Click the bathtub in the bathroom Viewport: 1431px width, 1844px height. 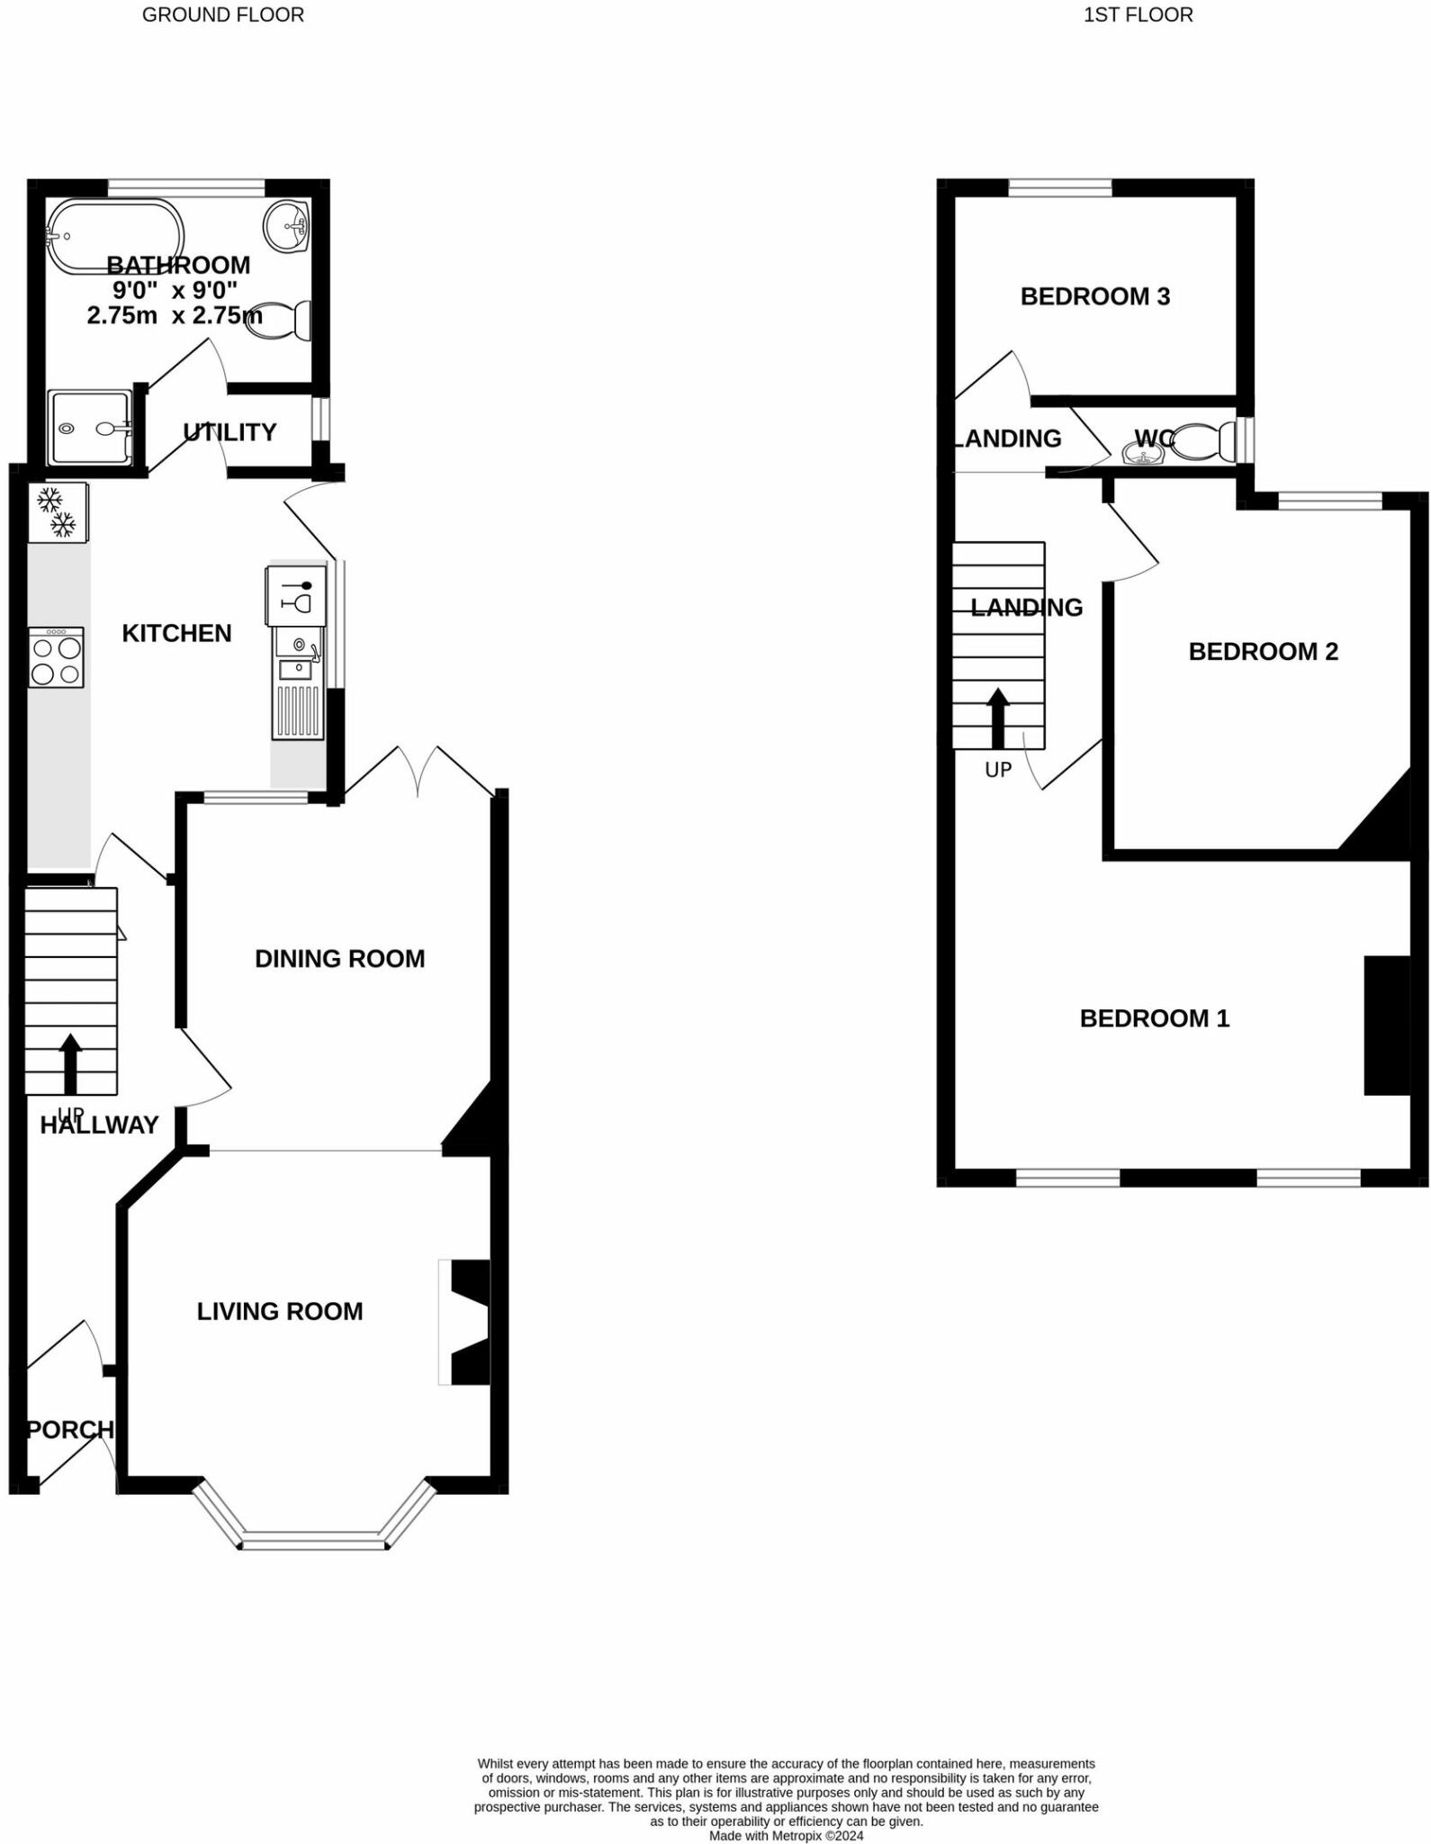(114, 236)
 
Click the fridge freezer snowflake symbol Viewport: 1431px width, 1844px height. (57, 512)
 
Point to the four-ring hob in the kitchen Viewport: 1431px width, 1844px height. (56, 658)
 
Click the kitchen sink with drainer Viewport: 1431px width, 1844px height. (298, 684)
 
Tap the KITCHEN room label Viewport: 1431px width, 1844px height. (176, 634)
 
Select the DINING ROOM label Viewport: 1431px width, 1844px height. (339, 959)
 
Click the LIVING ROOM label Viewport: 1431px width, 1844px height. (280, 1312)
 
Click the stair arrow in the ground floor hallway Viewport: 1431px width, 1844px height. (70, 1062)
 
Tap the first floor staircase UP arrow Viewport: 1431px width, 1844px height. (998, 718)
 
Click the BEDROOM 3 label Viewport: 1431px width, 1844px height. (1094, 297)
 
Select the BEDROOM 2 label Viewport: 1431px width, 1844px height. (1263, 652)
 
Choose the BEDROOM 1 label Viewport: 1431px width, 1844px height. (1154, 1018)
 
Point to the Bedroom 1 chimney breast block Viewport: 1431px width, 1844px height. (1387, 1026)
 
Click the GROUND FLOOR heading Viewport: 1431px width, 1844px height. (223, 15)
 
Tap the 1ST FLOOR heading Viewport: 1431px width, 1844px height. (1138, 15)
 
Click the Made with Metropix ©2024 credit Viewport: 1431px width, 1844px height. (786, 1835)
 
